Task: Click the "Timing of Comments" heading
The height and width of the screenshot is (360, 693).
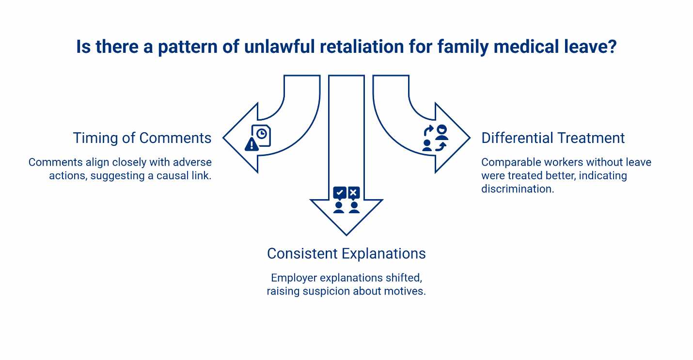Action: point(142,138)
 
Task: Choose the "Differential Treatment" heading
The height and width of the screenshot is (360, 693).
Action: point(553,138)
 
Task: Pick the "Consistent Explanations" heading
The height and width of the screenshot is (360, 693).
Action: point(346,253)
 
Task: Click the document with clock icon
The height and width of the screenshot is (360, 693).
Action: point(262,135)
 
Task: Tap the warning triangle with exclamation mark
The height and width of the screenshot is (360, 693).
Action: point(252,144)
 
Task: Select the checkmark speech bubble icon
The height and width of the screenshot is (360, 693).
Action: point(339,193)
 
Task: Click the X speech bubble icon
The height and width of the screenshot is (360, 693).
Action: point(354,193)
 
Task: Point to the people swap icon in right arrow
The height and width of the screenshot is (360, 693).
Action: point(435,138)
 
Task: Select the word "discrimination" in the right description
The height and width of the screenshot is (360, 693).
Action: point(517,189)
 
